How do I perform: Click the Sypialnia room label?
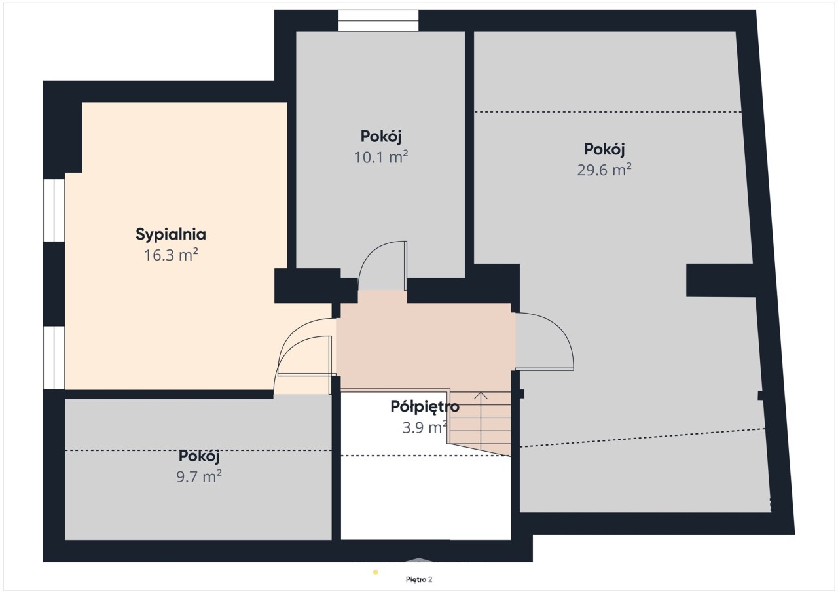point(171,235)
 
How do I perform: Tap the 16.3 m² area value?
point(171,255)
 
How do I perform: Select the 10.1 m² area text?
point(381,157)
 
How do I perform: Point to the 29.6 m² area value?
point(604,170)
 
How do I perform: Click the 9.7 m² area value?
point(199,476)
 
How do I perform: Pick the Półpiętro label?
point(425,407)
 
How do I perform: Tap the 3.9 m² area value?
point(425,427)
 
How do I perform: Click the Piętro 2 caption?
point(419,579)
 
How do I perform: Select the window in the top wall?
point(378,20)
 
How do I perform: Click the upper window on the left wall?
point(54,211)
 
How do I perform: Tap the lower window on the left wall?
point(54,358)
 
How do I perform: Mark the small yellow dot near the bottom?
point(376,572)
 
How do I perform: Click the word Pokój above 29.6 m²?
point(604,149)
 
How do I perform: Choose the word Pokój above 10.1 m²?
point(381,137)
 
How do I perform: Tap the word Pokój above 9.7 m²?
point(198,456)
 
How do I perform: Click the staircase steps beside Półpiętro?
point(481,423)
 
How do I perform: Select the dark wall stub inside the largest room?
point(720,280)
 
